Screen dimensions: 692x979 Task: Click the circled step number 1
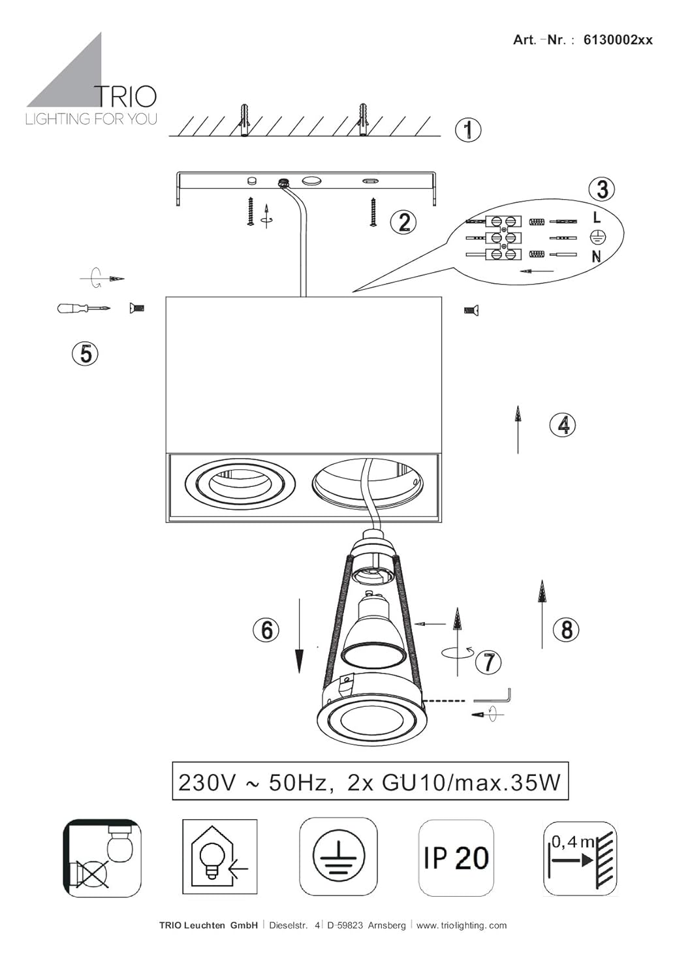coord(467,130)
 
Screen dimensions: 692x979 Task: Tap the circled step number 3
coord(602,189)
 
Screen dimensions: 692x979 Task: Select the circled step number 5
coord(86,354)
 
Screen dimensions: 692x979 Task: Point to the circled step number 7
coord(488,662)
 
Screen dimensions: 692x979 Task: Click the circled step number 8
coord(567,630)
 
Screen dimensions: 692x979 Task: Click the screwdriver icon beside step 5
coord(83,309)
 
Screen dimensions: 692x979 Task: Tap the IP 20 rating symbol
coord(456,859)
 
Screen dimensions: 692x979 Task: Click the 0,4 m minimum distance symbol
coord(580,859)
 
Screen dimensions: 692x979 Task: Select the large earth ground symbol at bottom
coord(338,858)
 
